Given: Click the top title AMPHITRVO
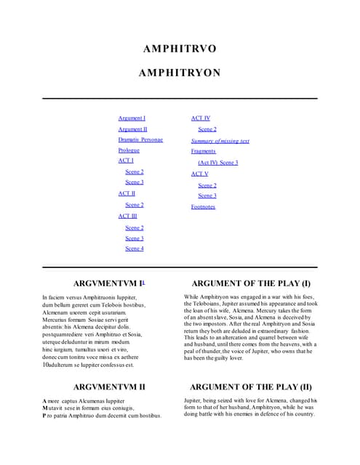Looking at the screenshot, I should tap(180, 49).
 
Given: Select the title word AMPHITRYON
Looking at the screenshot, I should tap(180, 73).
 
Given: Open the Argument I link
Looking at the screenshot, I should tap(132, 118).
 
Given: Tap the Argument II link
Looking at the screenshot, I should tap(132, 129).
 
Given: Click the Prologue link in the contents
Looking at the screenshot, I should tap(129, 150).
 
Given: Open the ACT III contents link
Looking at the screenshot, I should tap(127, 216).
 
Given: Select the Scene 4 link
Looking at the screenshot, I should tap(134, 248).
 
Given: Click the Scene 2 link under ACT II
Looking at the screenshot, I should tap(134, 205).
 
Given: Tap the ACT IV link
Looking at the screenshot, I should tap(201, 118).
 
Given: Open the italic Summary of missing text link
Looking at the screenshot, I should tap(220, 140).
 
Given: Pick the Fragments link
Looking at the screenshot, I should tap(204, 151).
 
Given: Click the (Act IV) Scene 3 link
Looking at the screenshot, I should tap(217, 163).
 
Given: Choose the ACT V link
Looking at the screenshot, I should tap(199, 174).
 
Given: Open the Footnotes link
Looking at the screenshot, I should tap(203, 207).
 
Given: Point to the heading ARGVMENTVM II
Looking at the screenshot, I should tap(109, 387).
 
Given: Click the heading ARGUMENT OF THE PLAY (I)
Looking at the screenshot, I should tap(250, 283).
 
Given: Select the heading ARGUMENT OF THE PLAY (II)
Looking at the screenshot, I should tap(250, 387).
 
